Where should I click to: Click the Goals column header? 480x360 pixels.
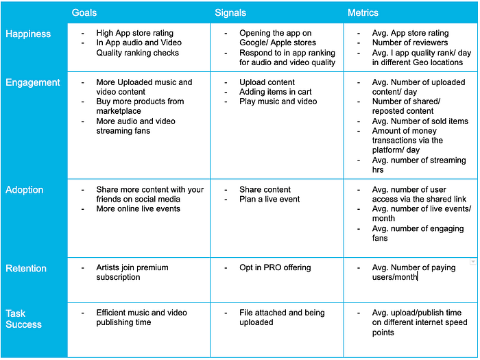(84, 12)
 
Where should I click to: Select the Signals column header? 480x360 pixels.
(230, 12)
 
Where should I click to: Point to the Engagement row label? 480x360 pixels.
(33, 82)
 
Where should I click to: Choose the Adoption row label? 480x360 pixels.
(25, 189)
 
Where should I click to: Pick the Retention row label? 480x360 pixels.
(26, 268)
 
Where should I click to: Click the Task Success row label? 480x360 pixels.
(23, 318)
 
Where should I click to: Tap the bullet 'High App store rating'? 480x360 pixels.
(134, 33)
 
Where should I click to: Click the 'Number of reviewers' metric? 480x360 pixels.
(410, 43)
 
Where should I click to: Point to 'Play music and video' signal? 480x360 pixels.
(278, 101)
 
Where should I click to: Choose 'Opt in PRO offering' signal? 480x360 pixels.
(275, 267)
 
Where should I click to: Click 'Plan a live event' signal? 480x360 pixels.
(269, 199)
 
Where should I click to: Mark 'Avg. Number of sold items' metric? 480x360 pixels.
(420, 121)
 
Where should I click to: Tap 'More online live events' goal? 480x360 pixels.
(138, 208)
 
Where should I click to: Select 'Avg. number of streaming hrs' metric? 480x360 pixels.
(415, 165)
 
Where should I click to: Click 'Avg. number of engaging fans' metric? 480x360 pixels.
(418, 233)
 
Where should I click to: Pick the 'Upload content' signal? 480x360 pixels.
(267, 82)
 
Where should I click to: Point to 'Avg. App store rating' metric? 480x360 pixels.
(410, 33)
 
